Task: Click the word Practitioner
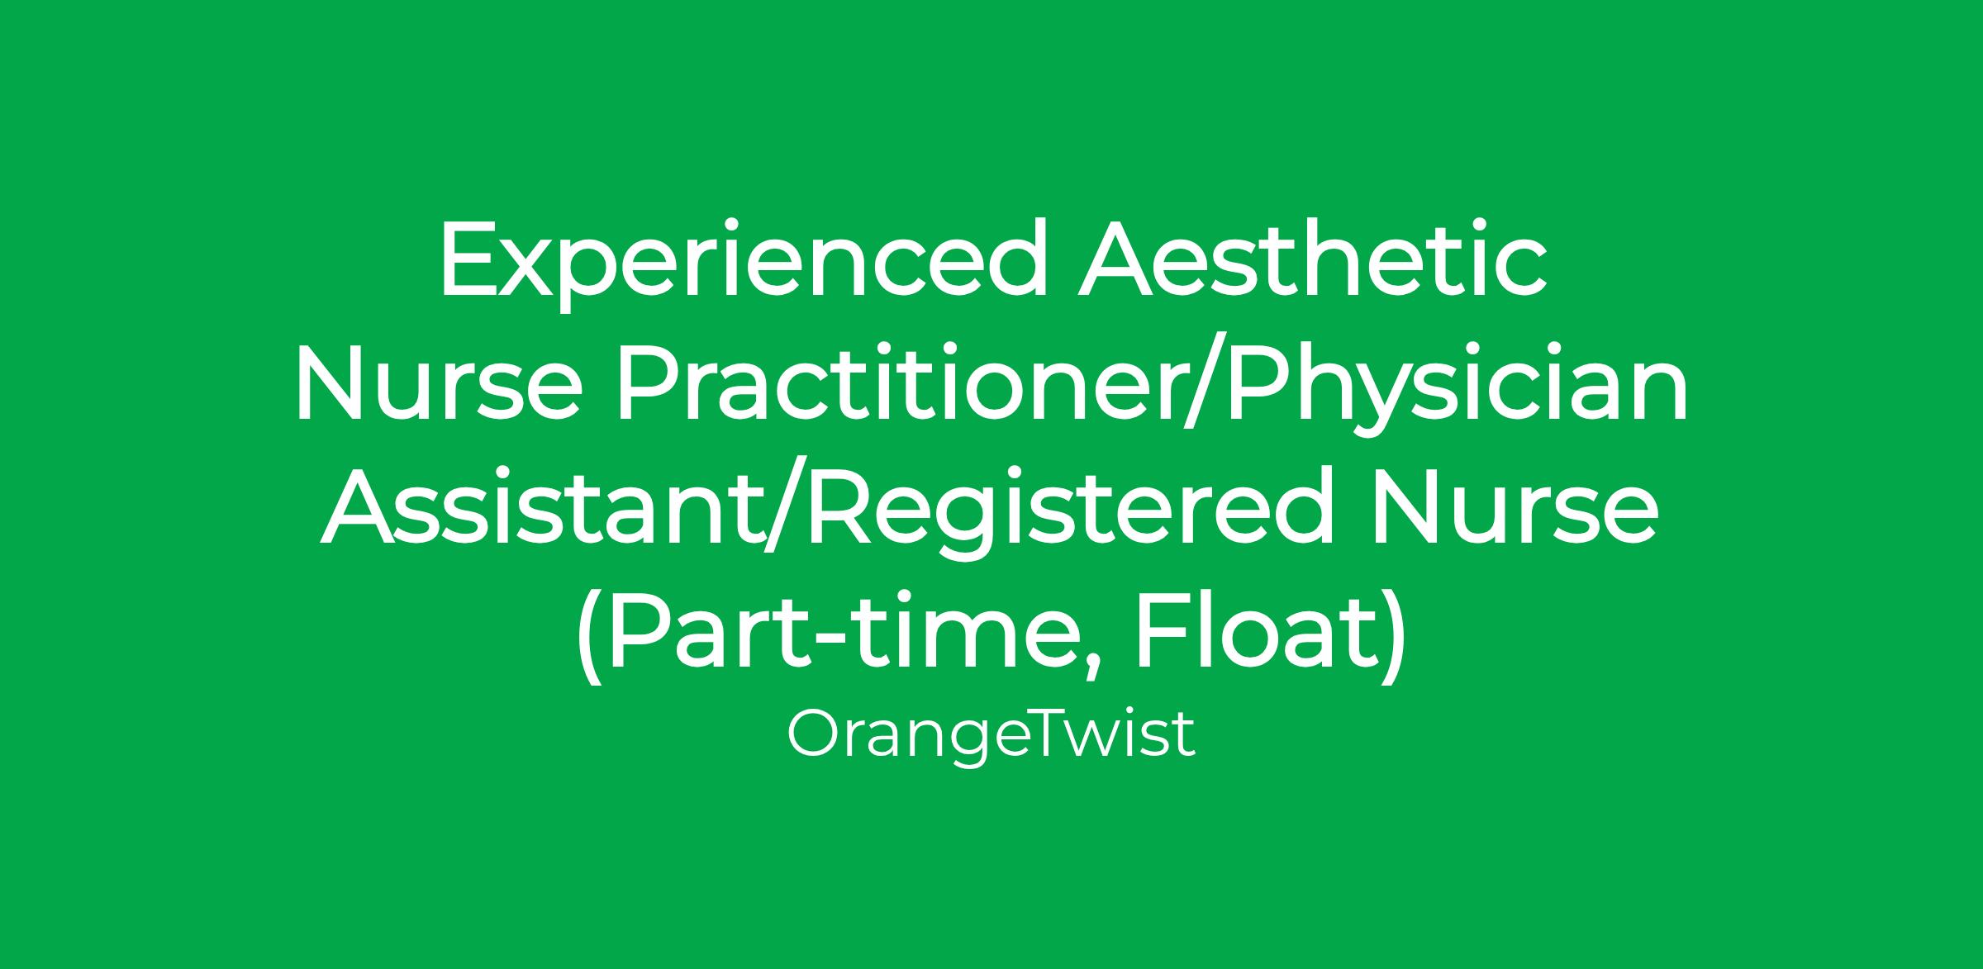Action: tap(899, 383)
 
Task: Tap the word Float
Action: tap(1247, 631)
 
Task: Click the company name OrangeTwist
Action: tap(991, 735)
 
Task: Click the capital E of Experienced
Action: tap(470, 259)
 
